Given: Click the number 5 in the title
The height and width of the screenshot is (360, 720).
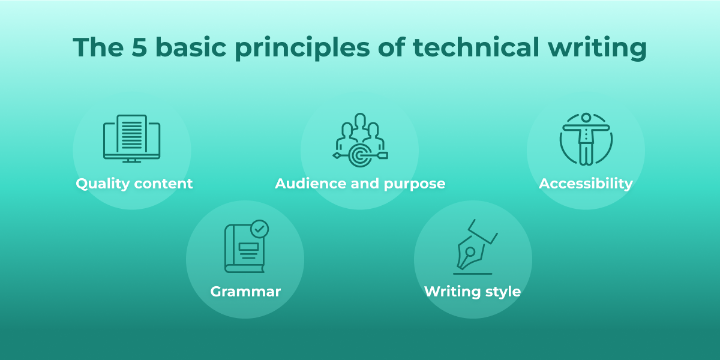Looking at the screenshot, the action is point(139,47).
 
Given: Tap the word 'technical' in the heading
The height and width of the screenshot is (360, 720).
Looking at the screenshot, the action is point(476,47).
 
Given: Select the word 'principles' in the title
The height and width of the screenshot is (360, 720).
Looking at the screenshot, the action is point(302,48).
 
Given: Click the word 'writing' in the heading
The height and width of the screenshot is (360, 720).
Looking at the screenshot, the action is point(598,48).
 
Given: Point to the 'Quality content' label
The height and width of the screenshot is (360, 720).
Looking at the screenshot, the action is point(134,184).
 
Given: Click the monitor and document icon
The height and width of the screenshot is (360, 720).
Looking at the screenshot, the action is point(132,139).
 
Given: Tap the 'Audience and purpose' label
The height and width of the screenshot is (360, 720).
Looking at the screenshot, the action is point(360,184).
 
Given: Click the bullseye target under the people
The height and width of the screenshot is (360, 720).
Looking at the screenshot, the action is point(360,155).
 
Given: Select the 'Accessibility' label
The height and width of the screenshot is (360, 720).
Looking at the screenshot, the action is point(586,184).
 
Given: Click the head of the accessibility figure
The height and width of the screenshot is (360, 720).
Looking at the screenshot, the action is point(586,118).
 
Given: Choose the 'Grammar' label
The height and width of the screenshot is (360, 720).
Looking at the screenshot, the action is point(245,292).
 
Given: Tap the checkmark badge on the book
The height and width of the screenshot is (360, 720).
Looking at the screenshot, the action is point(259,229).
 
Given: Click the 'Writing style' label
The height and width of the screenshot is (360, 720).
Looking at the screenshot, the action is point(473,292).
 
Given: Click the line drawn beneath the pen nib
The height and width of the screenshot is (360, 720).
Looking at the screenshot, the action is point(473,274).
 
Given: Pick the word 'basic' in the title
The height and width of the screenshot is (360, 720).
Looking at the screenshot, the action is point(191,47).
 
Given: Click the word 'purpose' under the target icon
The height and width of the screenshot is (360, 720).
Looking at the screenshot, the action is point(415,184).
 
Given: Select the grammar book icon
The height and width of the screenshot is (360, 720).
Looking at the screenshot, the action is point(246,247).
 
